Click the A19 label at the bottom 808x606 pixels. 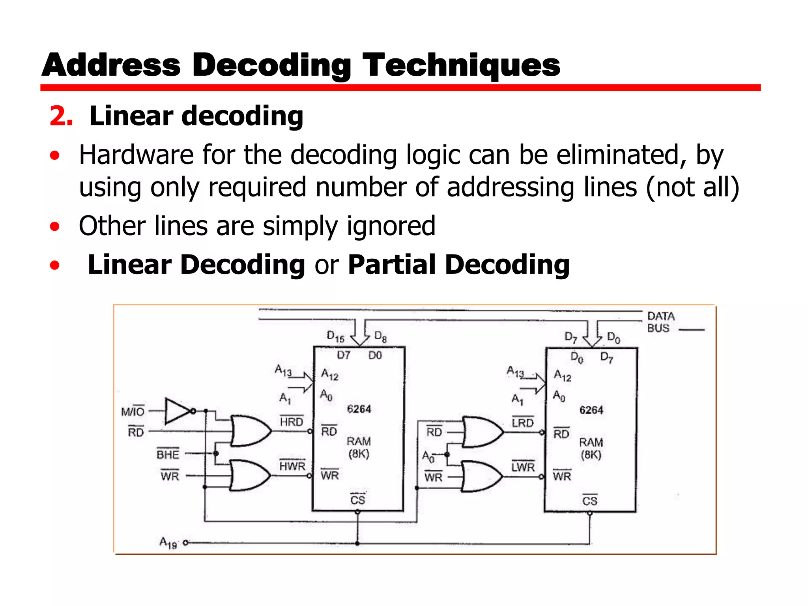click(x=168, y=543)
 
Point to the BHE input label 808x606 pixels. click(x=168, y=454)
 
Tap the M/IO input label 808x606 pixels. click(x=133, y=411)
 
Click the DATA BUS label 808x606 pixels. click(x=661, y=322)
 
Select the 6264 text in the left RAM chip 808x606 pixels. click(x=359, y=409)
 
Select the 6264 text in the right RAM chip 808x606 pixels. click(x=591, y=410)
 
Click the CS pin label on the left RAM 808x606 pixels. click(x=357, y=500)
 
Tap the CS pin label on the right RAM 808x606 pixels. click(x=589, y=501)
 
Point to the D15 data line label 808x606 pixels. click(x=335, y=337)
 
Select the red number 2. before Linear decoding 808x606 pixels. click(x=61, y=116)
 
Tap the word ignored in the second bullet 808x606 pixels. click(x=391, y=226)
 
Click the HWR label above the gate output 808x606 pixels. click(x=292, y=466)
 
